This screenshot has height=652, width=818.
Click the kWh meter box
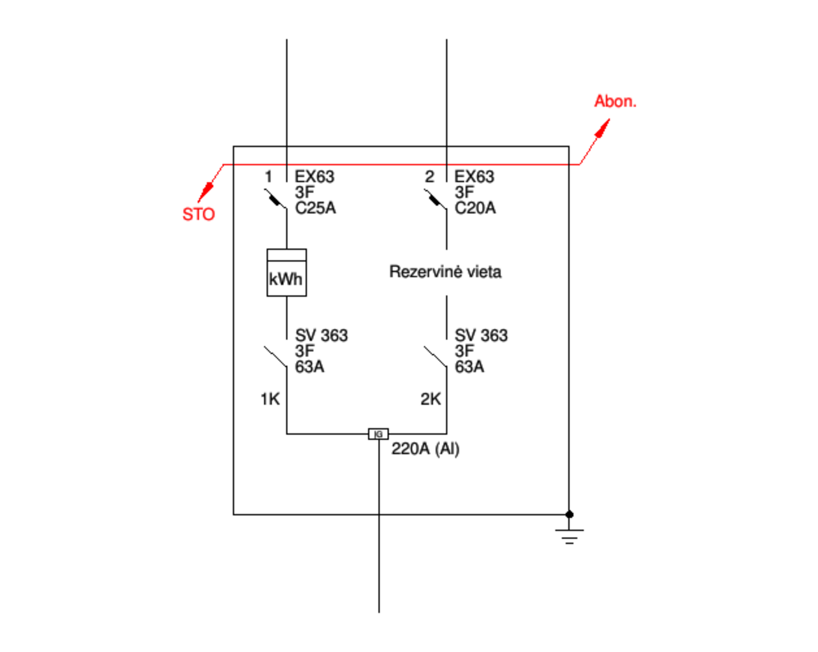[287, 272]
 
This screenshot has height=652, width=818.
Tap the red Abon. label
[615, 101]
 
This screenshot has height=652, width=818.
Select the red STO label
[199, 214]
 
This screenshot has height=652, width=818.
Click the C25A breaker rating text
[316, 208]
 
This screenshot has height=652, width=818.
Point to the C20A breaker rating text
[475, 208]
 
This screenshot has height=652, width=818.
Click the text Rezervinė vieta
[446, 272]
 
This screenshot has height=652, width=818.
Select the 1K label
[270, 399]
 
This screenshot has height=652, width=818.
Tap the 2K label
[430, 399]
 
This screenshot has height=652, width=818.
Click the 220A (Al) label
[426, 449]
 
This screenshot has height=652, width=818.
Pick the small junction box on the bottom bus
[378, 434]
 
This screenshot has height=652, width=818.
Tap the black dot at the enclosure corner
[570, 514]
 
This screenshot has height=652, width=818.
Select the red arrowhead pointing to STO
[206, 192]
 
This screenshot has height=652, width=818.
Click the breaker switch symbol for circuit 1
[276, 199]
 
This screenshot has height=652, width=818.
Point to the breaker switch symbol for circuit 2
[436, 199]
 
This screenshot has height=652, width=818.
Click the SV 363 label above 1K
[321, 336]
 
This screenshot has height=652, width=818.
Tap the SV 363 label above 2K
[481, 336]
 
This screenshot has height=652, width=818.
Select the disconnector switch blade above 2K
[436, 357]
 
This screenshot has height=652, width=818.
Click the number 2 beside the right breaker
[429, 177]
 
